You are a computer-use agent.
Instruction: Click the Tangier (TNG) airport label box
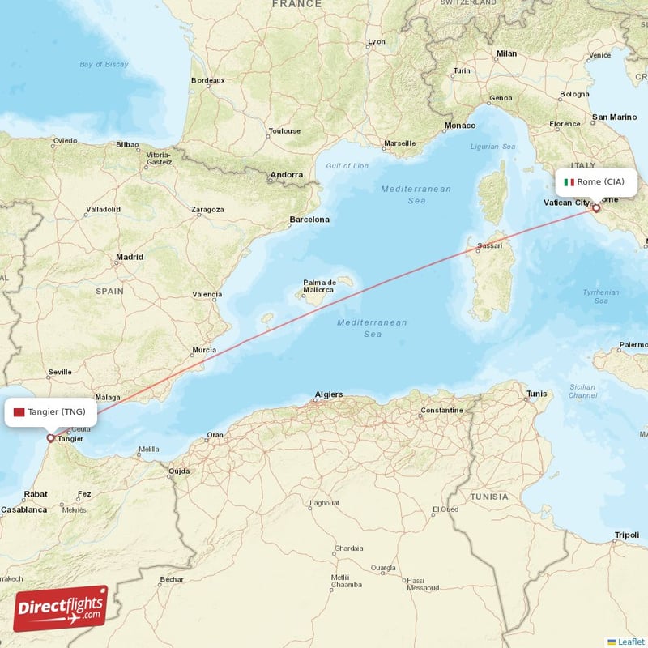[x=50, y=411]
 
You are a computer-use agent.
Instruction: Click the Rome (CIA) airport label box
[x=595, y=181]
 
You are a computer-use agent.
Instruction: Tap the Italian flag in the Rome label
[x=569, y=182]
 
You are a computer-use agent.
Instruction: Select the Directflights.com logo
[x=61, y=608]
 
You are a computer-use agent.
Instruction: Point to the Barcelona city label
[x=309, y=220]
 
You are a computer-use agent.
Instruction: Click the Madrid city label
[x=129, y=257]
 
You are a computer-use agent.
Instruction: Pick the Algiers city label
[x=328, y=394]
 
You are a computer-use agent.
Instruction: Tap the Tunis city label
[x=537, y=394]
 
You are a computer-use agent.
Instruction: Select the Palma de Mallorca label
[x=318, y=285]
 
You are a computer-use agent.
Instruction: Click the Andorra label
[x=286, y=174]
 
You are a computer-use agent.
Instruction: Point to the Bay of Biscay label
[x=104, y=64]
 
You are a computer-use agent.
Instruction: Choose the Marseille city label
[x=399, y=143]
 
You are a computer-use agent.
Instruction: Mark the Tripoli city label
[x=626, y=535]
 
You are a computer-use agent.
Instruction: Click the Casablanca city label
[x=23, y=510]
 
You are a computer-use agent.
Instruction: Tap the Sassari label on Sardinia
[x=489, y=245]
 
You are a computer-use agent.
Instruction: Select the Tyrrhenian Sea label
[x=600, y=296]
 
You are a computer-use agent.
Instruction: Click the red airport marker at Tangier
[x=50, y=438]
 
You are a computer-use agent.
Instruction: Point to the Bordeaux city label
[x=207, y=80]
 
